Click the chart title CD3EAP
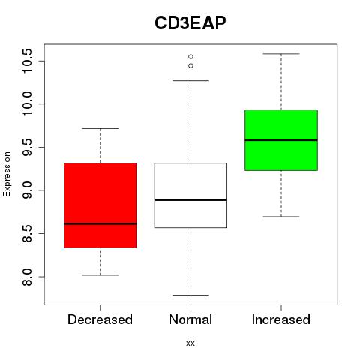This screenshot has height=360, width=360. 190,23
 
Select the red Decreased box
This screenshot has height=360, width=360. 100,205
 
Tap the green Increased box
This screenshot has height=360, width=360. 281,140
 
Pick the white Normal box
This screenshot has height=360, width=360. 190,196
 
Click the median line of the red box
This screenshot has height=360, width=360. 100,223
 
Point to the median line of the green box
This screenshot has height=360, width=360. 281,140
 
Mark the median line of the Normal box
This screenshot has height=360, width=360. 190,200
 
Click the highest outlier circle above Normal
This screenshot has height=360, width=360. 190,57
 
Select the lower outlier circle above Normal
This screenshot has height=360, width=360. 190,66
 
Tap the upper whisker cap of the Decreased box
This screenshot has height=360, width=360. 100,128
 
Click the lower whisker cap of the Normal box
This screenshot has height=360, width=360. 190,295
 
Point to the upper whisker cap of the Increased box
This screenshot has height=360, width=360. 281,54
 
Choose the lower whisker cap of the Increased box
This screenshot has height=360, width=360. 281,217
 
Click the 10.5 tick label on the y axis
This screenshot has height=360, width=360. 27,61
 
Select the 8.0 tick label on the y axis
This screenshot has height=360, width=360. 27,277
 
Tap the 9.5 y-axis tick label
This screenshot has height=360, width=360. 27,147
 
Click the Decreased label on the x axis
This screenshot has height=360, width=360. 100,319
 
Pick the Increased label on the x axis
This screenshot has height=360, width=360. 281,319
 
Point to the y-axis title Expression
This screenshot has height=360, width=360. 7,174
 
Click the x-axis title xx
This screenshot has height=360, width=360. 190,343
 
